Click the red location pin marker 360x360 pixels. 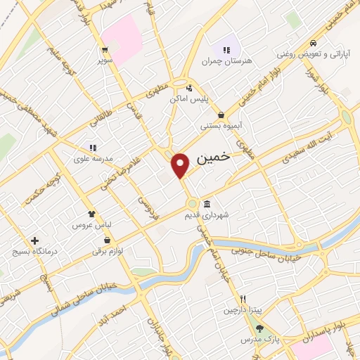(181, 165)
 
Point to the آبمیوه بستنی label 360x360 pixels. (221, 126)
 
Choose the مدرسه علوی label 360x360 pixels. (93, 159)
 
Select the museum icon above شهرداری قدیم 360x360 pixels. (205, 204)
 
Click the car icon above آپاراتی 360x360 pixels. (313, 42)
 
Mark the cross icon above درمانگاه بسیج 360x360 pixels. (34, 240)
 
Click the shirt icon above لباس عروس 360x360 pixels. (91, 214)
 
